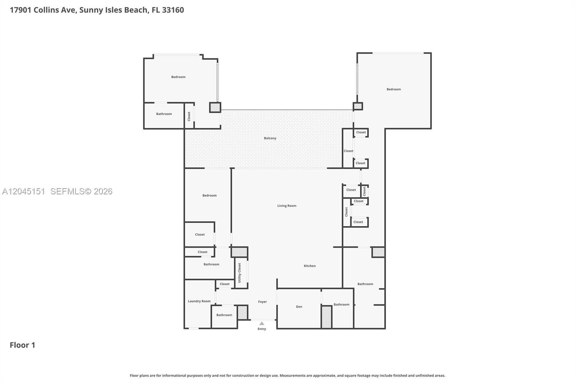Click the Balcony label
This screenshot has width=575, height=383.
point(270,138)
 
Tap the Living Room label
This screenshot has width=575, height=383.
point(287,206)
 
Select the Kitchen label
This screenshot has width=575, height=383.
point(309,266)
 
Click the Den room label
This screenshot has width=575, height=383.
point(299,306)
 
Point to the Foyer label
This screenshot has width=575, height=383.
point(262,302)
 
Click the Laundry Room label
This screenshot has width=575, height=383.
point(199,301)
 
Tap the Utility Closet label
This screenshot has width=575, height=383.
point(239,273)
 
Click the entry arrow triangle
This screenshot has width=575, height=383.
point(262,323)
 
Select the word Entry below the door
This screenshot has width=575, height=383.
point(262,329)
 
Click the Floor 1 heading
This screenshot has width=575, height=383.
point(22,345)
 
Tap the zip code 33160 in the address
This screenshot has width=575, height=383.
point(173,10)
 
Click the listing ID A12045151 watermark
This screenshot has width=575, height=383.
point(23,191)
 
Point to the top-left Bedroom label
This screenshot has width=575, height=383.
point(178,77)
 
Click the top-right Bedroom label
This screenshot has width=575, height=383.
point(394,89)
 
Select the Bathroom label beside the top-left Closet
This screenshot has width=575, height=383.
point(164,114)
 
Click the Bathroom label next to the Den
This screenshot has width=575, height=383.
point(341,304)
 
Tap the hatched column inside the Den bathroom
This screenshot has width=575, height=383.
point(327,317)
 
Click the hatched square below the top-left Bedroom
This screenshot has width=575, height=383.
point(215,107)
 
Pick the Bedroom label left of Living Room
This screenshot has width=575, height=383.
point(210,195)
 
